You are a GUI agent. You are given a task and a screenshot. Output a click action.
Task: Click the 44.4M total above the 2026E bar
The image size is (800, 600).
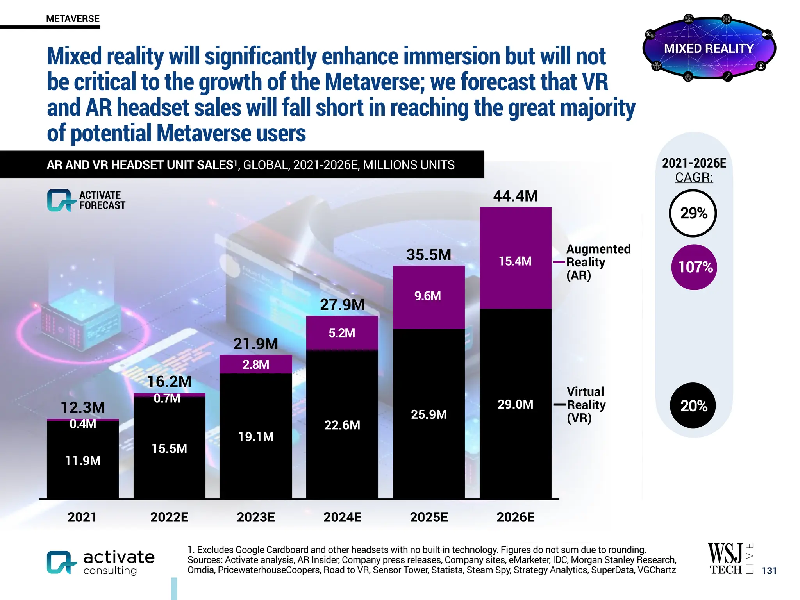point(515,196)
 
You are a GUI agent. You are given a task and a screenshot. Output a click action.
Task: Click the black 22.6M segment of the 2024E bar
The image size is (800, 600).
point(342,425)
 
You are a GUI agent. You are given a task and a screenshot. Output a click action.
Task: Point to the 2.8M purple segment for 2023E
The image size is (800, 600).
point(256,364)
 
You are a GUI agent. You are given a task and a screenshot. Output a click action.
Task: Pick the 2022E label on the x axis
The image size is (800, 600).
point(169,517)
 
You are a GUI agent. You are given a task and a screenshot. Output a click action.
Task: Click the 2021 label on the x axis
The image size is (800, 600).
point(82,517)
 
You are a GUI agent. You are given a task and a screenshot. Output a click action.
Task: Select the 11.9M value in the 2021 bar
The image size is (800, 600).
point(83,461)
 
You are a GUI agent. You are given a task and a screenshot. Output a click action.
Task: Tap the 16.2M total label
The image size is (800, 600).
point(169,382)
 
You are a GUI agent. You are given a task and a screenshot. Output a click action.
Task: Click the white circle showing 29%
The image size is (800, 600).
point(693,213)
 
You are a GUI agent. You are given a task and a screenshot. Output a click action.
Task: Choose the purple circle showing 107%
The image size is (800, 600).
point(694,267)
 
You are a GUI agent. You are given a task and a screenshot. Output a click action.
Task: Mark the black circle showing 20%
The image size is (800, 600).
point(693,405)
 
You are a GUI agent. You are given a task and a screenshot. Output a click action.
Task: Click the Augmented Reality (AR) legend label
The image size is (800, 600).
point(598,262)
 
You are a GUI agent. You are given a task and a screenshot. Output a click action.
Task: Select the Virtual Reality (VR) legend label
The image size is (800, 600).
point(586,405)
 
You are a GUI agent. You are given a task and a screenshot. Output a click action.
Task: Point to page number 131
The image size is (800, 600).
point(769,571)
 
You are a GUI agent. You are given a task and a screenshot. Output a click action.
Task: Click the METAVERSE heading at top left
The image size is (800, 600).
point(73,19)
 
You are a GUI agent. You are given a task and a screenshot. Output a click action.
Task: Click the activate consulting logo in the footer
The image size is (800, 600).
point(101,562)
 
